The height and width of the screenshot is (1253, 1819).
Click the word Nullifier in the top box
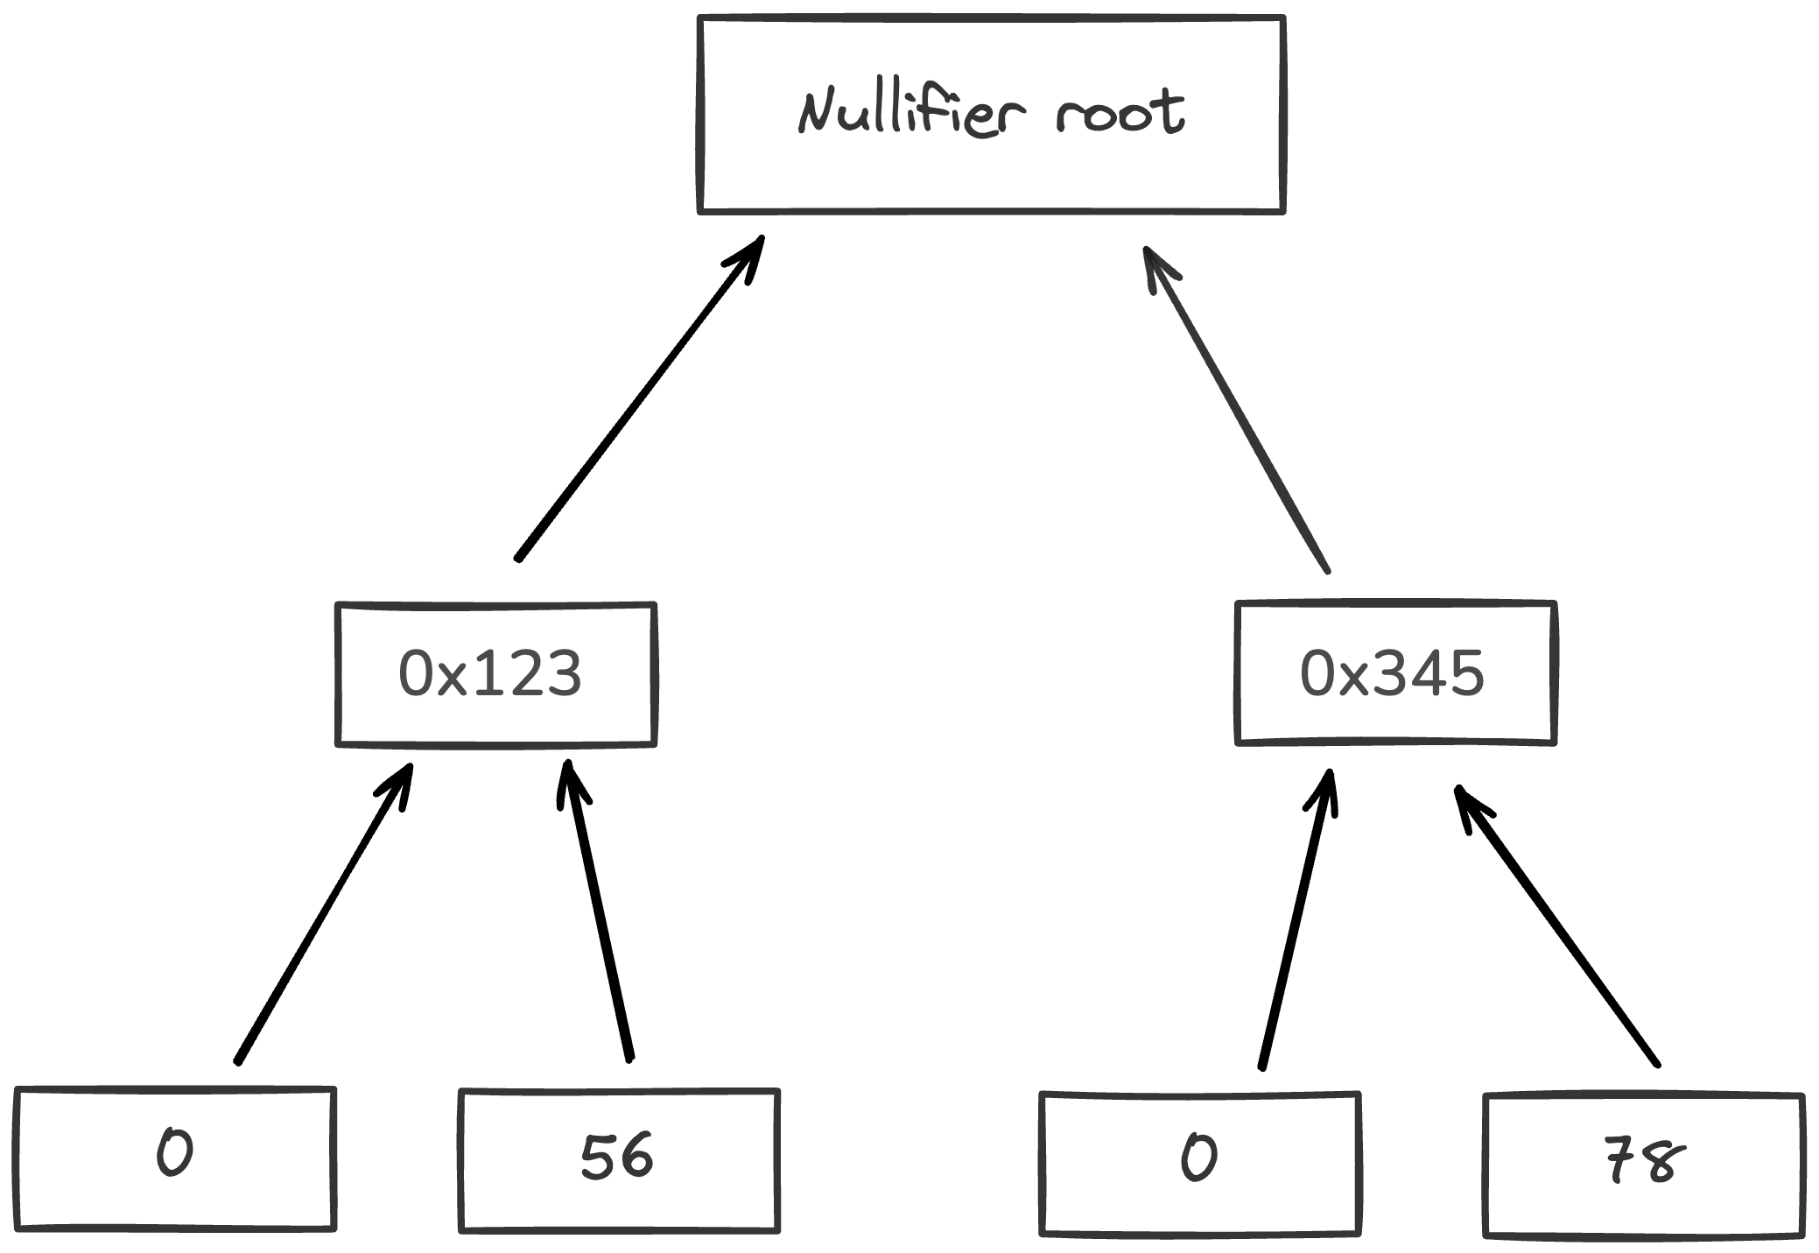(910, 113)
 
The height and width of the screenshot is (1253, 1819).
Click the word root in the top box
(1120, 113)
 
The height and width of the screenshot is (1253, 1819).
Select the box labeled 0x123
(495, 674)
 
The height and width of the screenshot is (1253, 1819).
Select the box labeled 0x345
(1395, 673)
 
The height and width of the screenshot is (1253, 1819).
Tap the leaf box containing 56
(619, 1159)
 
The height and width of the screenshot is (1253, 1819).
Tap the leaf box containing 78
(1644, 1165)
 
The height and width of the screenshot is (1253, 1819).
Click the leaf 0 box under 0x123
(175, 1158)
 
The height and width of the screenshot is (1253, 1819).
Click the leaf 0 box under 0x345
(1199, 1163)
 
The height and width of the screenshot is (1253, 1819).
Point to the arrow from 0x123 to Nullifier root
(639, 398)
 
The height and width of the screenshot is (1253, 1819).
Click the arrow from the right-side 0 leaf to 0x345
(1297, 919)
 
